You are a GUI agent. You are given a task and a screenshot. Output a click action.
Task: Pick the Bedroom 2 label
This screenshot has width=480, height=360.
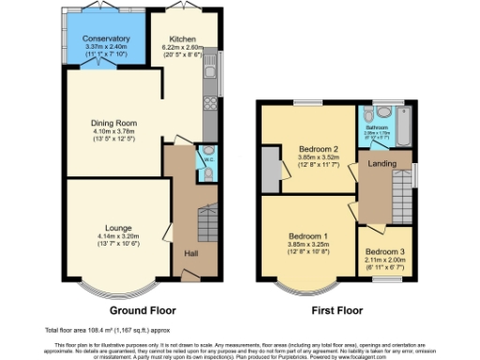(318, 149)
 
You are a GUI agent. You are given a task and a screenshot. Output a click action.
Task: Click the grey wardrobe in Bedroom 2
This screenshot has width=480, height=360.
(272, 170)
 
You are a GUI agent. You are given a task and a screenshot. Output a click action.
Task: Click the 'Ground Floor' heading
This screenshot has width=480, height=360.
(144, 310)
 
